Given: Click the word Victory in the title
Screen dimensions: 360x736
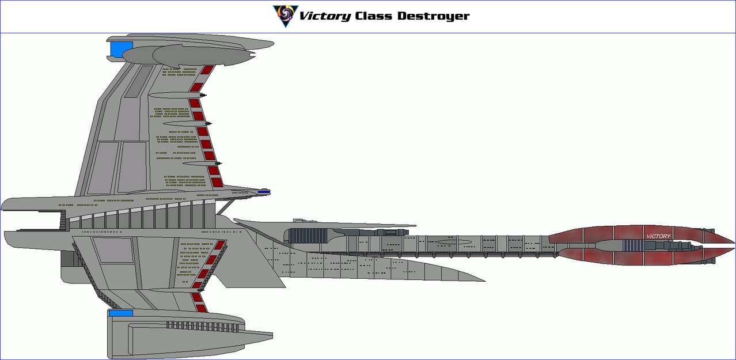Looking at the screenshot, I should click(324, 16).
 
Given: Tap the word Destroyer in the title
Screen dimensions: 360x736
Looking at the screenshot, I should click(433, 16).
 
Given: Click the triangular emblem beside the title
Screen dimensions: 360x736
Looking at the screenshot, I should click(285, 16).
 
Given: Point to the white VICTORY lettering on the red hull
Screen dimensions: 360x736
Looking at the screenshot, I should click(658, 236).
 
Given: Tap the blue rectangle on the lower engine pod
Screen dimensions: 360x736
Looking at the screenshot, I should click(120, 313).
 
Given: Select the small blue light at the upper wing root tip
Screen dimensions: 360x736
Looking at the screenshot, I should click(264, 191).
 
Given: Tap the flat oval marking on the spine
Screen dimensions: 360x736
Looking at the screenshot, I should click(452, 242).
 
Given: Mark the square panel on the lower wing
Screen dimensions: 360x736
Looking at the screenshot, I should click(113, 251).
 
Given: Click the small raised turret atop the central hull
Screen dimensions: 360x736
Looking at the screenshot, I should click(299, 221).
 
